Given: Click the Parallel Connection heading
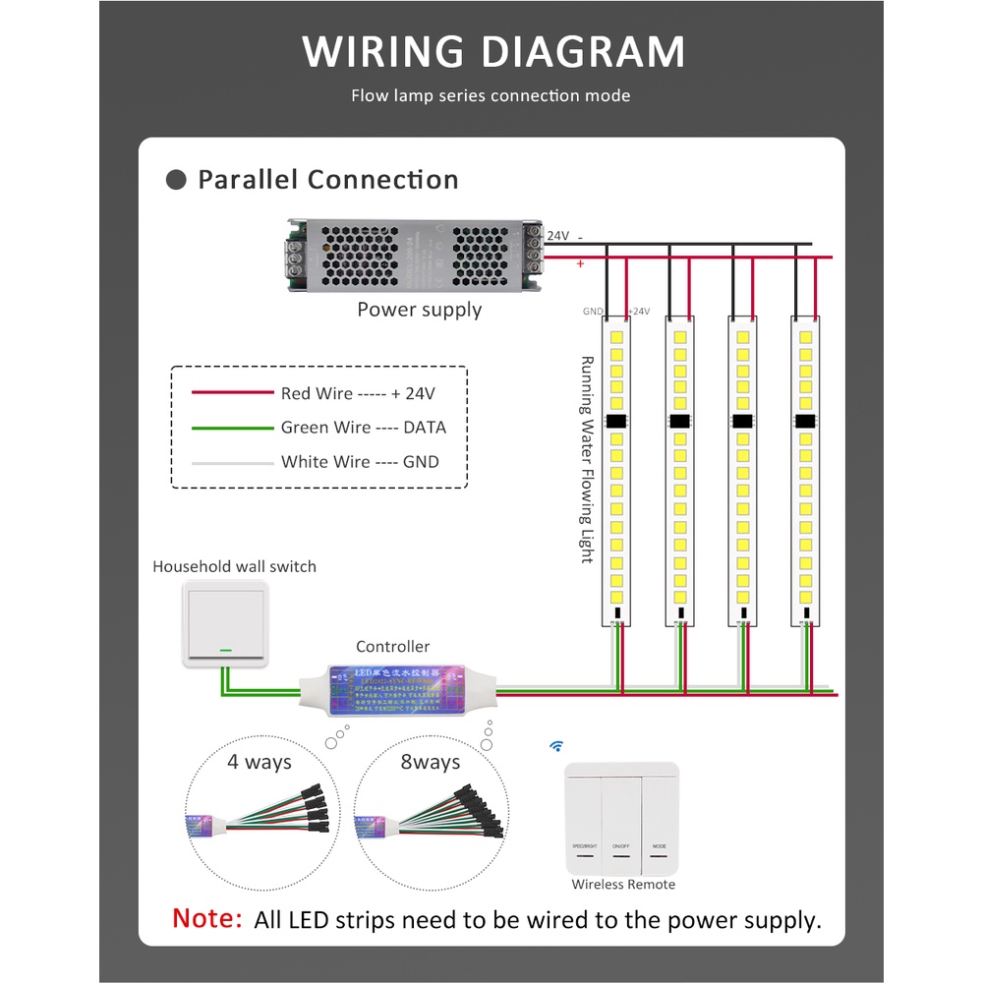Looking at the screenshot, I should click(328, 180).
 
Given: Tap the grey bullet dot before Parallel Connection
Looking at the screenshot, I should click(177, 180).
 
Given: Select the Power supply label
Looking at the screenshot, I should click(419, 310).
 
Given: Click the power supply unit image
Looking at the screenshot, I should click(417, 256).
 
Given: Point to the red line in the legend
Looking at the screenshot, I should click(232, 393).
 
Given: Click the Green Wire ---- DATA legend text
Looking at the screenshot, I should click(363, 428).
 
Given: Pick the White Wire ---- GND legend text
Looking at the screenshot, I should click(360, 462).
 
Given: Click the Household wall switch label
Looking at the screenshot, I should click(234, 566).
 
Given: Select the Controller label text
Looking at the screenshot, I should click(392, 647).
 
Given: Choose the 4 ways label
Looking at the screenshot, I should click(260, 762).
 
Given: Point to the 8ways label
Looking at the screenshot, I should click(431, 762).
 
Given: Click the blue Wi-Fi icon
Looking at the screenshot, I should click(556, 747).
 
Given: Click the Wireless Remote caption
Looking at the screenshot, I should click(623, 885).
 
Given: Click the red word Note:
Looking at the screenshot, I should click(206, 919).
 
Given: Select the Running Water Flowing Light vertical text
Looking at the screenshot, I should click(587, 459).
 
